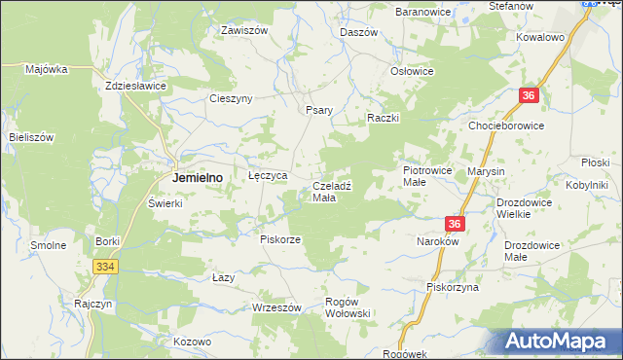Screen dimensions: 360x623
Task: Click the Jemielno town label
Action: pyautogui.click(x=198, y=178)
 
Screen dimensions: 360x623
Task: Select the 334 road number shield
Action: pyautogui.click(x=106, y=266)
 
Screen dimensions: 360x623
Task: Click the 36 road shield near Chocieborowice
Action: pyautogui.click(x=529, y=95)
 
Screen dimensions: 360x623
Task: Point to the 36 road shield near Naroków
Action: pyautogui.click(x=458, y=224)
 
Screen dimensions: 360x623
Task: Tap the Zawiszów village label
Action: pyautogui.click(x=243, y=30)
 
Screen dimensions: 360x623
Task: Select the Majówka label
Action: pyautogui.click(x=46, y=69)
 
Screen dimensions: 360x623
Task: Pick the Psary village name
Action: pyautogui.click(x=320, y=110)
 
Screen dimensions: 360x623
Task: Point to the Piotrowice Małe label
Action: pyautogui.click(x=427, y=175)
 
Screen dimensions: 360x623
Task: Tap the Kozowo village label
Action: pyautogui.click(x=192, y=342)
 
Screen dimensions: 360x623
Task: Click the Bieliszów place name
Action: pyautogui.click(x=31, y=137)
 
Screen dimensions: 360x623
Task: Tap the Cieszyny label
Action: pyautogui.click(x=232, y=98)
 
